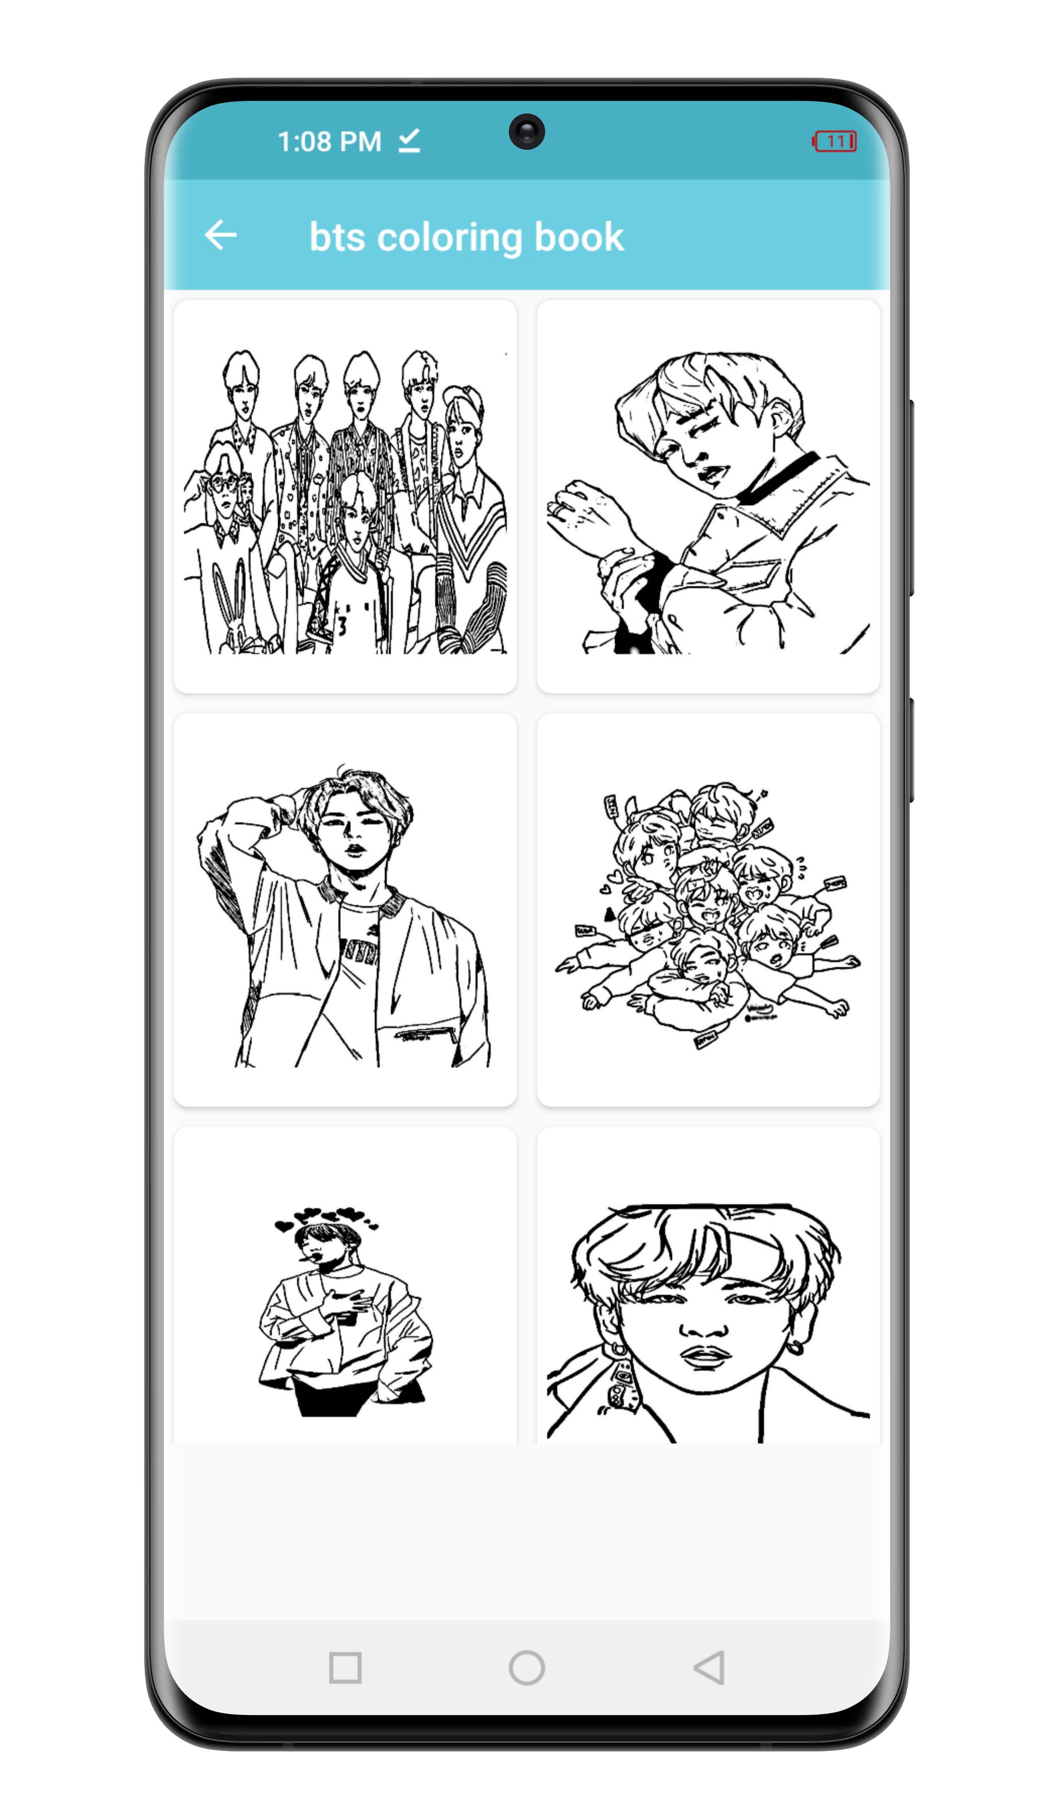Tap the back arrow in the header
(x=220, y=235)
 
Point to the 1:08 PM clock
(x=329, y=141)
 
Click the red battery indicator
(x=834, y=141)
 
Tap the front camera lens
(x=526, y=132)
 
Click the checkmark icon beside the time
(x=409, y=141)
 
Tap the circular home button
(x=526, y=1668)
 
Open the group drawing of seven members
(x=345, y=497)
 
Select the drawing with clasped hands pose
(x=708, y=497)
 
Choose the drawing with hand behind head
(x=345, y=912)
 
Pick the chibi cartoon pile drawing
(x=708, y=912)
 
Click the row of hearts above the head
(x=326, y=1217)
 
